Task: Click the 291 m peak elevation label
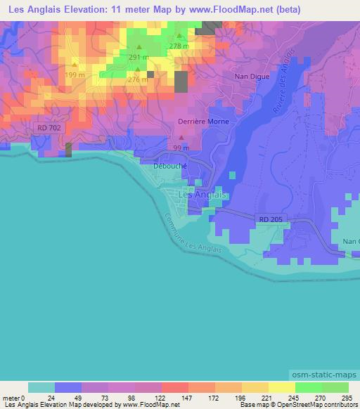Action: pyautogui.click(x=139, y=58)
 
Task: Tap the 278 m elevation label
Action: pyautogui.click(x=180, y=46)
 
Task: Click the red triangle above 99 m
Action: pyautogui.click(x=181, y=138)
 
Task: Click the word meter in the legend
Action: pyautogui.click(x=12, y=397)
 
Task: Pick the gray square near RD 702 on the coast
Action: pyautogui.click(x=69, y=149)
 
